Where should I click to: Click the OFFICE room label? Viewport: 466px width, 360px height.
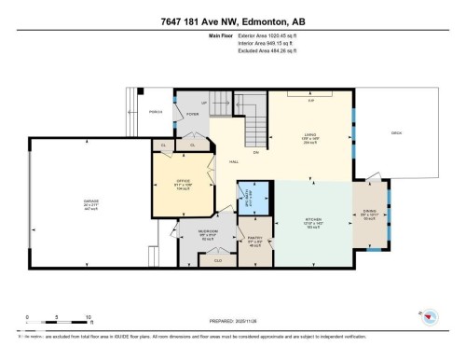(184, 181)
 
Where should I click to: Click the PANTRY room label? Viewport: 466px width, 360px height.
(254, 238)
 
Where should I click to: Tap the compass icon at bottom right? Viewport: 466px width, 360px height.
(431, 318)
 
